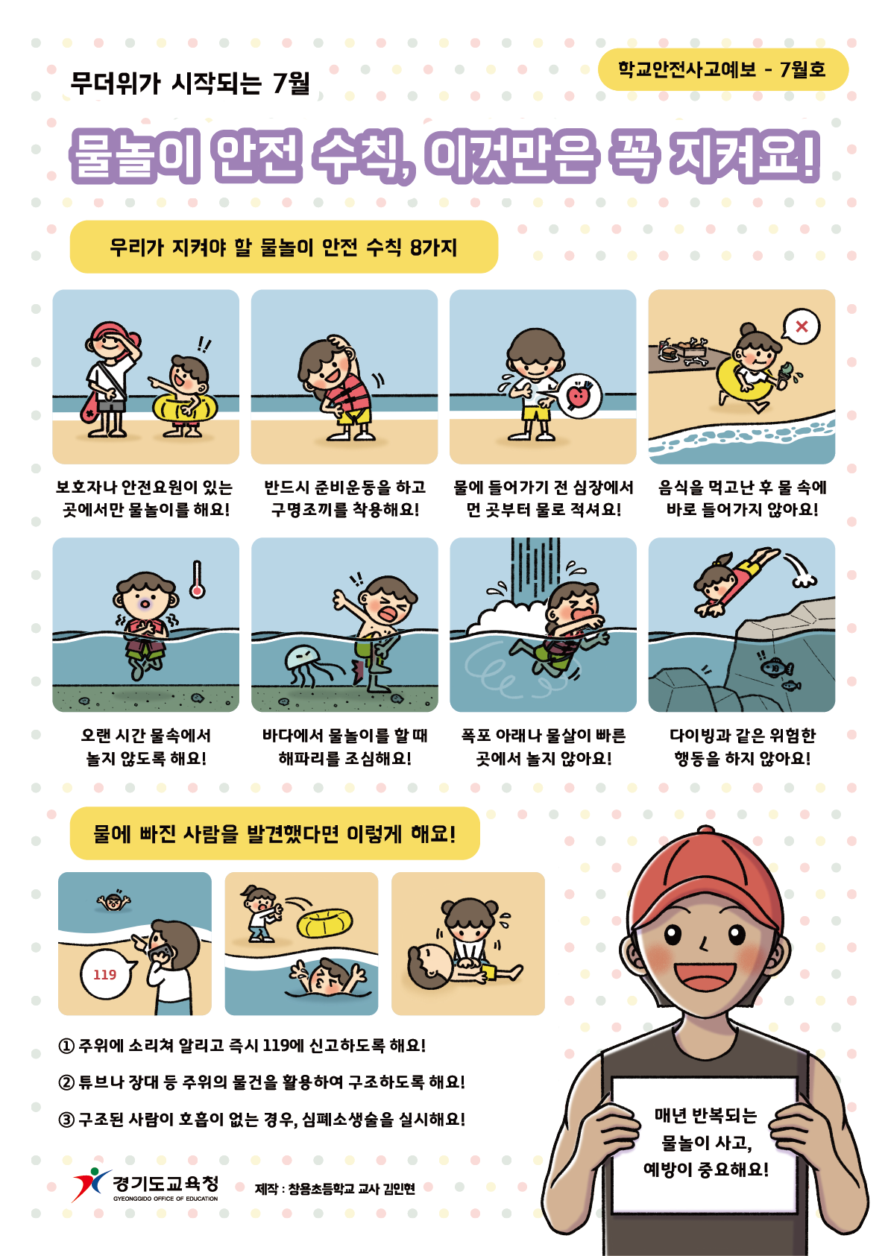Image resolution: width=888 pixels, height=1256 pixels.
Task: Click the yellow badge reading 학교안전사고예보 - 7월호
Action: pyautogui.click(x=722, y=69)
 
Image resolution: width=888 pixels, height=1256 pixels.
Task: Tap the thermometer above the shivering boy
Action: pyautogui.click(x=197, y=579)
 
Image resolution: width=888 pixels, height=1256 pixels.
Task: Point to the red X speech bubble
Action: pyautogui.click(x=801, y=326)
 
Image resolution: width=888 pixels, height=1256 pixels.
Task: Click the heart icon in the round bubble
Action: pyautogui.click(x=579, y=397)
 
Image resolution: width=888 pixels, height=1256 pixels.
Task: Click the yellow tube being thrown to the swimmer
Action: pyautogui.click(x=324, y=922)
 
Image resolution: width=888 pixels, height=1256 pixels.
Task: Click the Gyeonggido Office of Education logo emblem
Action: pyautogui.click(x=91, y=1184)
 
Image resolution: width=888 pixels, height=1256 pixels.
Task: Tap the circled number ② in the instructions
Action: pyautogui.click(x=66, y=1082)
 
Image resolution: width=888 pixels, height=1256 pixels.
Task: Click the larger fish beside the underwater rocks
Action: pyautogui.click(x=776, y=668)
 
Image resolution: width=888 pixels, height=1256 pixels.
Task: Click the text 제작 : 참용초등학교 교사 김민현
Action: pyautogui.click(x=335, y=1189)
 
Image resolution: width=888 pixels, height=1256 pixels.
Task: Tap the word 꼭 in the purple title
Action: pyautogui.click(x=633, y=155)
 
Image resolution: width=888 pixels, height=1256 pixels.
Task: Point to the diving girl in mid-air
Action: pyautogui.click(x=735, y=581)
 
